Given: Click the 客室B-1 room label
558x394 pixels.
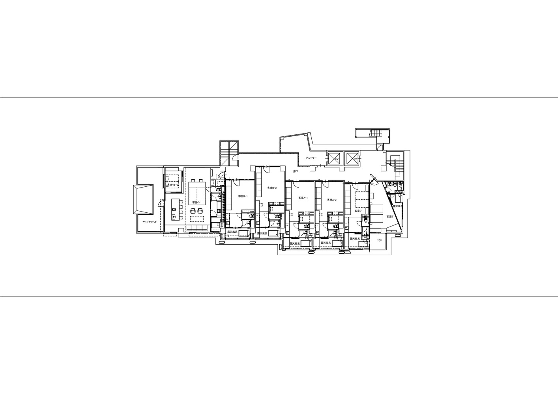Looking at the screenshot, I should (x=242, y=196).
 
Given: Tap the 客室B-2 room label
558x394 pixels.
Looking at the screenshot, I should (x=272, y=188).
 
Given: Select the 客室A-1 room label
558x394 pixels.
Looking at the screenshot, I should (x=303, y=198).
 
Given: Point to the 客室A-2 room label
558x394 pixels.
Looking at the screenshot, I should (x=331, y=200).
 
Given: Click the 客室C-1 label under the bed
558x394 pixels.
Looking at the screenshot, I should (x=197, y=203).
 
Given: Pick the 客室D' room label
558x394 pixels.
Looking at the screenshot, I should (x=358, y=211).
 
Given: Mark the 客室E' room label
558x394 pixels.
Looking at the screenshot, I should (x=390, y=216).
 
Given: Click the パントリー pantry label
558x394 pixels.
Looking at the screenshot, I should (x=311, y=158).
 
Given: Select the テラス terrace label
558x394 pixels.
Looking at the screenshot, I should (x=379, y=240).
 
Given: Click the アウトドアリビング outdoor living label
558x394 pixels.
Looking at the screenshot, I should (x=150, y=222).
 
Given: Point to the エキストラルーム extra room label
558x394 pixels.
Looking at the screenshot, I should (x=172, y=185).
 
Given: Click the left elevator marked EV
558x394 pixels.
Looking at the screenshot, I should (x=335, y=159).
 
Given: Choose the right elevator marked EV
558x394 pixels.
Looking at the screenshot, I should (x=353, y=159).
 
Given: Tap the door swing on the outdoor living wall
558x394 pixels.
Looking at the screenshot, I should (x=160, y=203).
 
